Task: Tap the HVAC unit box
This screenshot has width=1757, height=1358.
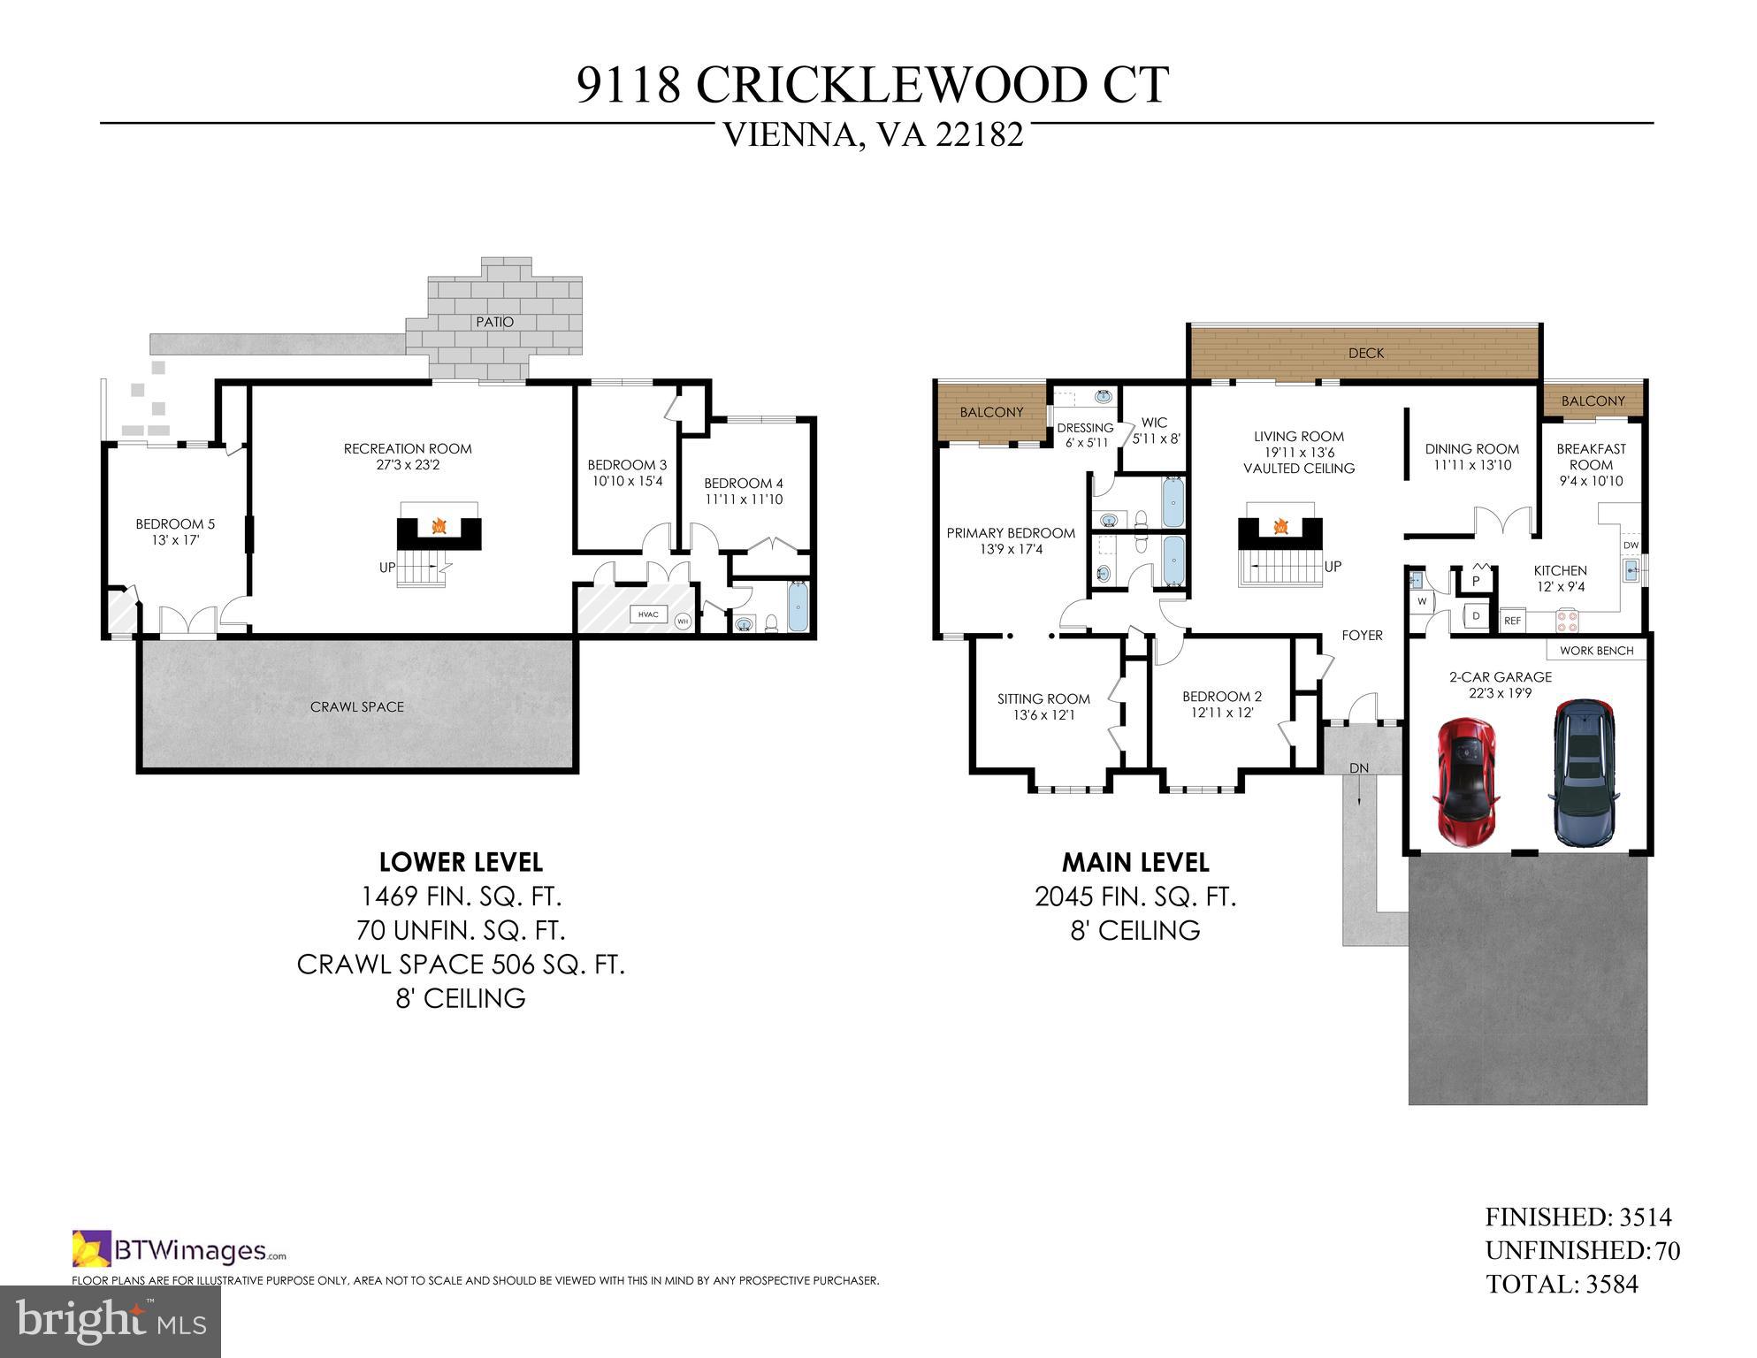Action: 647,614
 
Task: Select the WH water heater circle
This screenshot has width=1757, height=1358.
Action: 682,621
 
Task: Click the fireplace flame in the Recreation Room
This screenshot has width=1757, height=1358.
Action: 439,528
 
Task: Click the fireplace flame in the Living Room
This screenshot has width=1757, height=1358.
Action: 1280,528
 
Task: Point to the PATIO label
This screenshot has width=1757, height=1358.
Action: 494,322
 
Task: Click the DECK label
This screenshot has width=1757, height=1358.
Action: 1365,353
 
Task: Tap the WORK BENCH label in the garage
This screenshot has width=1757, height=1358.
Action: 1596,650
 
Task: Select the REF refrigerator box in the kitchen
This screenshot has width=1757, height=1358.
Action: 1513,621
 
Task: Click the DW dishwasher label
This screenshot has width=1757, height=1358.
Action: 1631,545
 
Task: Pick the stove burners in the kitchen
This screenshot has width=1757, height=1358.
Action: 1568,621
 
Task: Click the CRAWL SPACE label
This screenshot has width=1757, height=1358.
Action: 357,706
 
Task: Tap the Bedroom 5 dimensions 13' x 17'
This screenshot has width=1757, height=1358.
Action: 175,539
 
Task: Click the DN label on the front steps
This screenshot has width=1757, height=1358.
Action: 1359,767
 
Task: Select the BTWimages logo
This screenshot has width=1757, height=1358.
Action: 180,1250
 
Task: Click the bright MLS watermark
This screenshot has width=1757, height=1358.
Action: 111,1321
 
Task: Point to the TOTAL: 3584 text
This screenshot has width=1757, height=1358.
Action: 1562,1284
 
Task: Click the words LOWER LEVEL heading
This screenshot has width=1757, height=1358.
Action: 461,861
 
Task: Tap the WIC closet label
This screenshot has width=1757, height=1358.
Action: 1154,423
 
